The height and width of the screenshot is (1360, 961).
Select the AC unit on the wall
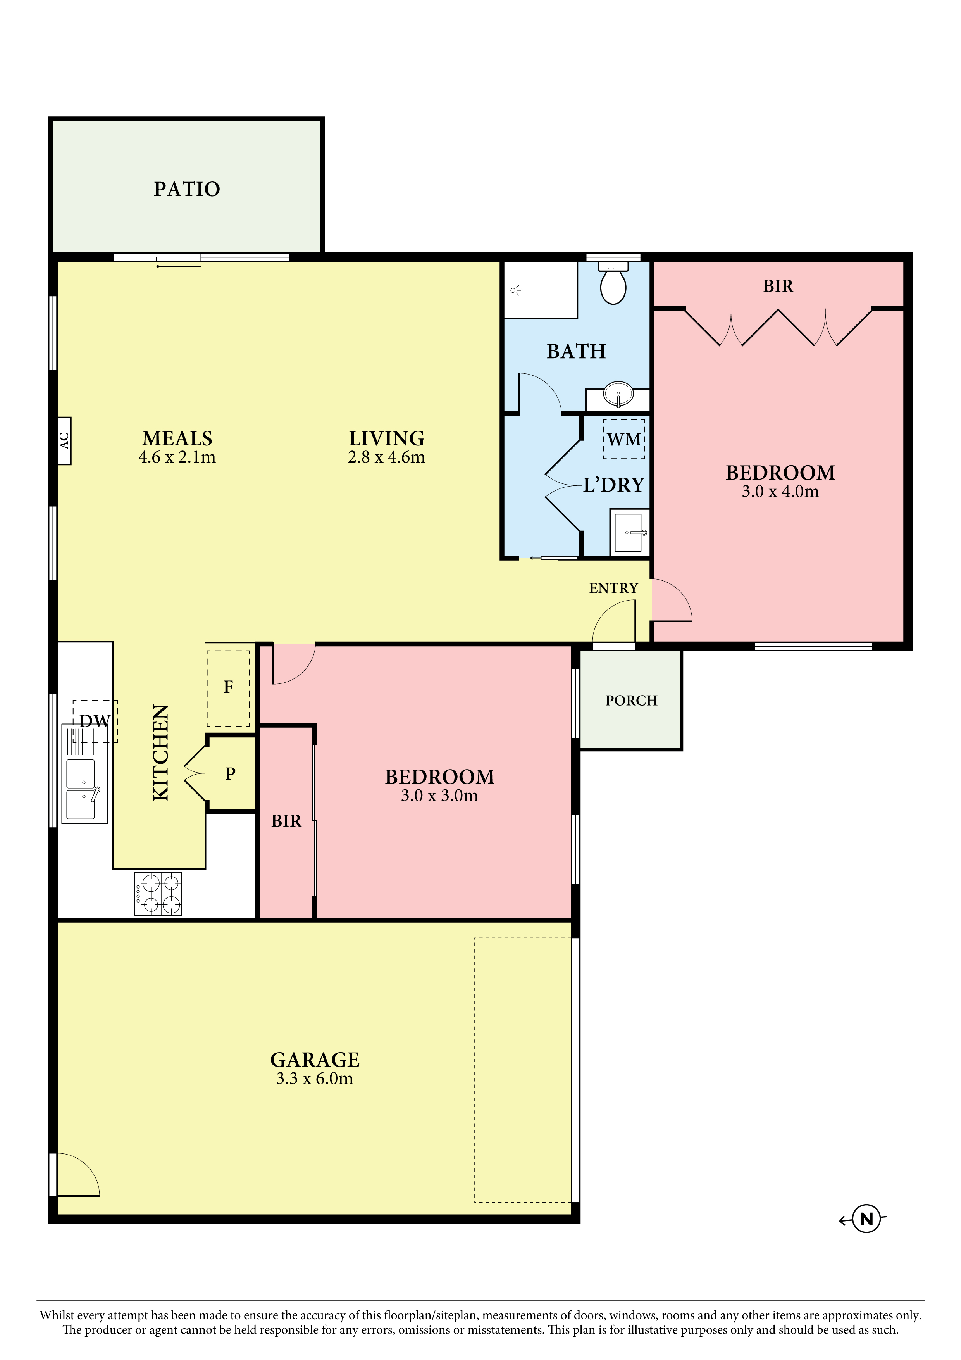click(x=64, y=441)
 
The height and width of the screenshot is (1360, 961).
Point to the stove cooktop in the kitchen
click(x=158, y=894)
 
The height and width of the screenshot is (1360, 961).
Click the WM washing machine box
click(x=624, y=439)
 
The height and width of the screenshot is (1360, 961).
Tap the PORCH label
click(x=631, y=700)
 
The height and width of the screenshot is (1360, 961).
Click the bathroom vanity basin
click(x=618, y=395)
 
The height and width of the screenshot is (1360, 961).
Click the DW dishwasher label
click(x=95, y=721)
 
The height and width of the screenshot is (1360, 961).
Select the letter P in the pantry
click(x=230, y=773)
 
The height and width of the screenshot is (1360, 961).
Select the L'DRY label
click(x=613, y=485)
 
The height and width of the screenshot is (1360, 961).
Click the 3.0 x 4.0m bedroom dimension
click(x=780, y=492)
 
